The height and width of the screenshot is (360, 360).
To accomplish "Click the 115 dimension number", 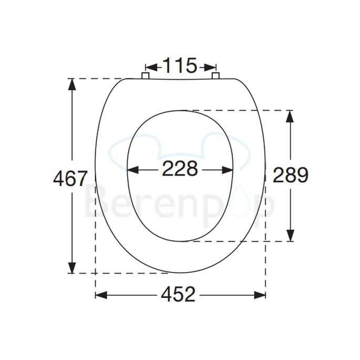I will point(180,66).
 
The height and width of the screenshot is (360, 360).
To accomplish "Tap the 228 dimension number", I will point(180,169).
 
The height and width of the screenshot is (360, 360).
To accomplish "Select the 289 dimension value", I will point(290,175).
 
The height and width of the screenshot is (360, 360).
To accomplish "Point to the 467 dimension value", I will point(70,179).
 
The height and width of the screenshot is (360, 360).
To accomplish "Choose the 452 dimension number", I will point(179,294).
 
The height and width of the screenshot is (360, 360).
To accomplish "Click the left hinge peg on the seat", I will point(146,76).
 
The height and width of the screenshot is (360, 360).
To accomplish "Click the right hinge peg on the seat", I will point(215,76).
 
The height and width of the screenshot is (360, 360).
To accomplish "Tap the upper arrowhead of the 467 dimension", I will point(71,84).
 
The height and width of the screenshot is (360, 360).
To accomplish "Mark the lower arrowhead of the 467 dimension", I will point(71,268).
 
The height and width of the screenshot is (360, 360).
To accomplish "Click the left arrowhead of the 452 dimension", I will point(101,294).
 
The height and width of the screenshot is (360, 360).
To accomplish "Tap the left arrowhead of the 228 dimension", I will point(134,170).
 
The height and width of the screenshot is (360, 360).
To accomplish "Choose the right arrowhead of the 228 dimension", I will point(228,170).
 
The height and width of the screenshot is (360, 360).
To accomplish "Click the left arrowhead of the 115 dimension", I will point(149,67).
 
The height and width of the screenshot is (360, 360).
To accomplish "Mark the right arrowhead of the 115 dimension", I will point(211,67).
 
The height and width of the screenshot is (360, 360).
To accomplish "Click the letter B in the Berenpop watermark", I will point(96,202).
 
